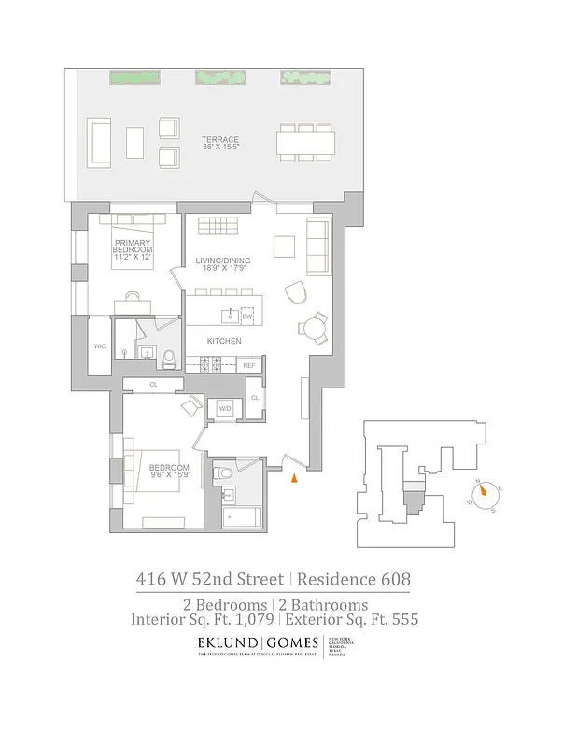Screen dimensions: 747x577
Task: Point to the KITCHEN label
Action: point(224,342)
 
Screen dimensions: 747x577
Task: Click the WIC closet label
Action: point(99,346)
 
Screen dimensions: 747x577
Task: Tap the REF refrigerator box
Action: point(249,365)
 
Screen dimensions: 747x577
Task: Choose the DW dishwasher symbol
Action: point(247,317)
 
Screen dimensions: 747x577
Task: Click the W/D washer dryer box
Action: point(225,409)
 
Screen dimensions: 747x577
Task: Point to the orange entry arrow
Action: point(293,479)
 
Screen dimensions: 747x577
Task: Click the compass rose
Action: point(486,495)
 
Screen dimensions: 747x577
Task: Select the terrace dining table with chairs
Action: point(306,143)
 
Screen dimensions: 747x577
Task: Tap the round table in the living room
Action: point(312,329)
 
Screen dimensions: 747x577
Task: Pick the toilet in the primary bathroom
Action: point(168,357)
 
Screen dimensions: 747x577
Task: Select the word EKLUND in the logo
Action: point(228,643)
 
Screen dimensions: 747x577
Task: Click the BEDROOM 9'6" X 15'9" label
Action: point(169,471)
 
